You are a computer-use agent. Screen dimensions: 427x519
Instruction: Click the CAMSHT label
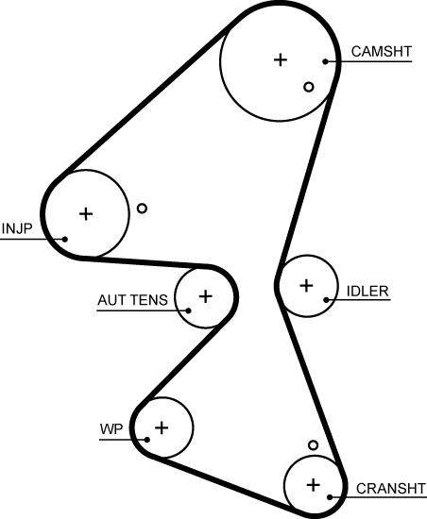pos(382,52)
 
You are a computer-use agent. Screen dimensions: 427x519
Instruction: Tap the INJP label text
pos(17,228)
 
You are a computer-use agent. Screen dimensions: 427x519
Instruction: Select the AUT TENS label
pos(132,300)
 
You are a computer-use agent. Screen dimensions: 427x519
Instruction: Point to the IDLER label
pos(367,291)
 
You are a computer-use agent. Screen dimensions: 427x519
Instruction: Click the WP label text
pos(111,429)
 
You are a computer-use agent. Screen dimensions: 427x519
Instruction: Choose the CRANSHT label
pos(391,488)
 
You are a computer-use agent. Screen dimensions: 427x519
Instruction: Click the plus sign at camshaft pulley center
pos(281,59)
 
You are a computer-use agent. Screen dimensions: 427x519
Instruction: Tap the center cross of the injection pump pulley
pos(86,214)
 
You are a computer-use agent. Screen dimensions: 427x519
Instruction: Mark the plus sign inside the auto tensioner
pos(205,296)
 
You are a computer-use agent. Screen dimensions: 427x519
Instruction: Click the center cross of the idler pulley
pos(306,285)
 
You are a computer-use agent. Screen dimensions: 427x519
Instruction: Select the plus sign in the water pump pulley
pos(162,427)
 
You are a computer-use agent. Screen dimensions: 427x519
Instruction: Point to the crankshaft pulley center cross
pos(313,485)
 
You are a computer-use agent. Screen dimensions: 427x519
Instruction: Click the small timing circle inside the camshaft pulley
pos(309,87)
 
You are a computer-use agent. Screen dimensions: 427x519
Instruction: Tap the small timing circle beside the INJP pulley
pos(142,209)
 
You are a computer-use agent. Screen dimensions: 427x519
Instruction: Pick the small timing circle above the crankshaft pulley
pos(313,445)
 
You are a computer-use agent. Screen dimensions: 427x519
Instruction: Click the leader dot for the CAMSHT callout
pos(325,61)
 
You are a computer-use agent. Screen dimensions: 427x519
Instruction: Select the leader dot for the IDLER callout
pos(326,300)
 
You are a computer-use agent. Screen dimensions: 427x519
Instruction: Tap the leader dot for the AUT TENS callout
pos(188,310)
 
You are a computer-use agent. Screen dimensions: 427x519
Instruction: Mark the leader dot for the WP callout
pos(147,440)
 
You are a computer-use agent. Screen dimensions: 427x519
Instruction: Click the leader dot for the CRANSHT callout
pos(330,497)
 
